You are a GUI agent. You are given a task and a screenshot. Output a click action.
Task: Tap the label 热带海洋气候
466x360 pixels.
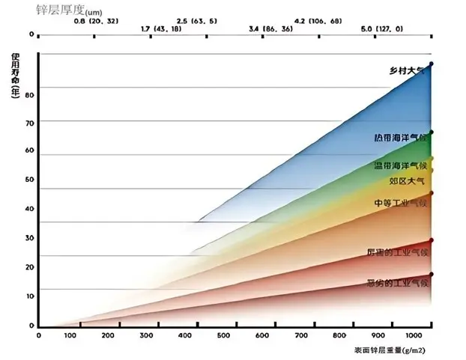point(399,138)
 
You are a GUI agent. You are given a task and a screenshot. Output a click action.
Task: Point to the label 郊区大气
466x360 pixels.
point(407,181)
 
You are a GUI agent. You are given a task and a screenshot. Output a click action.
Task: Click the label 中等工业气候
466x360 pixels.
point(399,203)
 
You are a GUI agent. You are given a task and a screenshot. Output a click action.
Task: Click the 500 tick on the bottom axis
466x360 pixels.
point(222,336)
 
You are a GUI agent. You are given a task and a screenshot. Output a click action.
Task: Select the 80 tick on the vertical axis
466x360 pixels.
point(31,95)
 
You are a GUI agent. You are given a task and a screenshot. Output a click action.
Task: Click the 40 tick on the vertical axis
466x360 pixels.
point(31,209)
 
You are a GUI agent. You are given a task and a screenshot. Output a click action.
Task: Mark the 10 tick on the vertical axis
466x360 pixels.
point(31,296)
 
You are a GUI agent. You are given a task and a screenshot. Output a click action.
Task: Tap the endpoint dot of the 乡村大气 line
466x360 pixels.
point(431,64)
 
